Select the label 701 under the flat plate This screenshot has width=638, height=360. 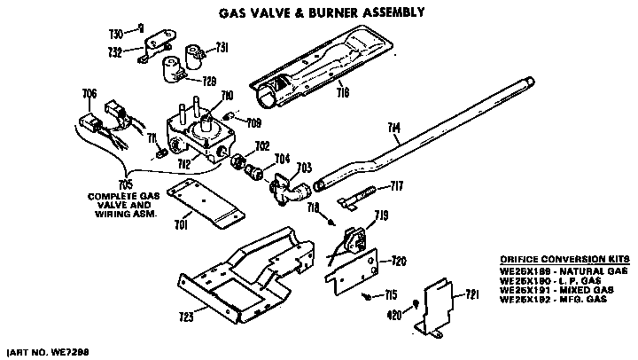181,224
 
